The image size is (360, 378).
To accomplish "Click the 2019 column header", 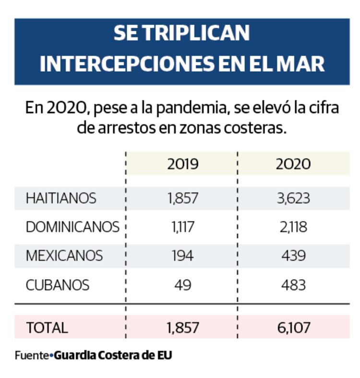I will (183, 164).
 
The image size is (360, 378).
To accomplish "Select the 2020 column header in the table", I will (293, 164).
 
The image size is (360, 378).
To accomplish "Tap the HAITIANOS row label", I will (61, 198).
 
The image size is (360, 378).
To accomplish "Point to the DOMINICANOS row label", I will (72, 227).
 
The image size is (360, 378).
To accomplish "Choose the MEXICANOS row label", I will (64, 256).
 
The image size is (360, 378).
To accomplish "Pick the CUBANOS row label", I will (58, 285).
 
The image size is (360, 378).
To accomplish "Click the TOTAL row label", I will (47, 328).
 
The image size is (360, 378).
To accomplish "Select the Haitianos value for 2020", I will (293, 198).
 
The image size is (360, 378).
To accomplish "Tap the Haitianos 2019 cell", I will (183, 198).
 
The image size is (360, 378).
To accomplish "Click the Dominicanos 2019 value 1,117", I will (182, 227).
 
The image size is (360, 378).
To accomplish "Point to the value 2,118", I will (293, 227).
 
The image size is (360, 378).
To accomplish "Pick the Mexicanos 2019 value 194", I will (183, 256).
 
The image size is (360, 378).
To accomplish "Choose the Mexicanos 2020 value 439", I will (293, 256).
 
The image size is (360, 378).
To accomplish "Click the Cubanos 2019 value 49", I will (183, 285).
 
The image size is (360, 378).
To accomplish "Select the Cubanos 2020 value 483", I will (293, 285).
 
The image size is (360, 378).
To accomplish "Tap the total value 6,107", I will (293, 328).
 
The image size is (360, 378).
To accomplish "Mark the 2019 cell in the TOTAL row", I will (183, 328).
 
